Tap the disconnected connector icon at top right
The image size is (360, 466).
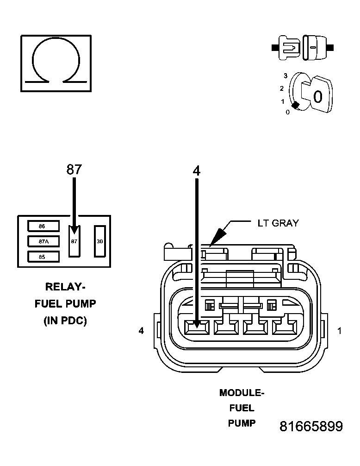(302, 47)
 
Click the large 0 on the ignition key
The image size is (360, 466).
(317, 97)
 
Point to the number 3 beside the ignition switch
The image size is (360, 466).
(286, 76)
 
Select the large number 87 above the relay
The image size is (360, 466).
(74, 170)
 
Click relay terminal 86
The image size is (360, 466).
(43, 226)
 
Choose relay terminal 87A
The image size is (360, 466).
(43, 241)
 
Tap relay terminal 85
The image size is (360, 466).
(43, 257)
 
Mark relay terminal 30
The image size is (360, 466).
(100, 241)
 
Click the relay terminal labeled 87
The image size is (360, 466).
(74, 241)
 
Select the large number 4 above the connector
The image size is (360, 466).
(197, 170)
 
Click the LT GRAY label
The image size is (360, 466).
(278, 223)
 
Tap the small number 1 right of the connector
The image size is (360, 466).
(340, 331)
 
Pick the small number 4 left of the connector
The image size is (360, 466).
(142, 331)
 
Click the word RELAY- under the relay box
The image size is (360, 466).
(65, 287)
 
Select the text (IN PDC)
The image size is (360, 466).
(65, 321)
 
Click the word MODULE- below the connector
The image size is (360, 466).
(242, 393)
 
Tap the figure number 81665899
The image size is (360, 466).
(311, 427)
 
